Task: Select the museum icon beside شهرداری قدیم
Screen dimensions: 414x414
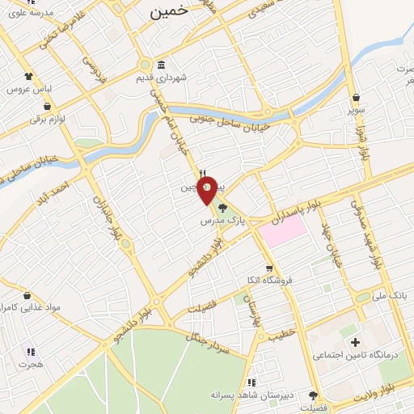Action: point(162,65)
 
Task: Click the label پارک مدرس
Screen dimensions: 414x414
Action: point(222,220)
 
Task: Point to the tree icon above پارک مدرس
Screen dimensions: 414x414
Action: point(222,209)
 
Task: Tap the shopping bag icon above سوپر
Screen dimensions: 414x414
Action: point(355,98)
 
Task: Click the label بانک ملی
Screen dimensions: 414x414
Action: point(391,297)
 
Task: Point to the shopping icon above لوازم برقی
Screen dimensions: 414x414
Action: point(48,107)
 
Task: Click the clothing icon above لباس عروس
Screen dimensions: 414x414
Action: point(29,75)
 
